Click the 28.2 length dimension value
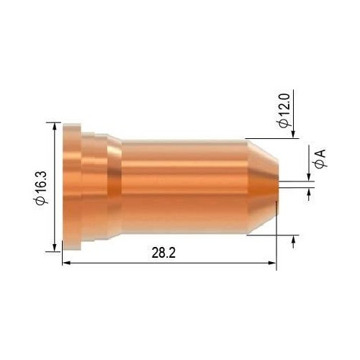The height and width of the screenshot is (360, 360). point(163,253)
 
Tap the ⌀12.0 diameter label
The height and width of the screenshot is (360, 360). point(284,111)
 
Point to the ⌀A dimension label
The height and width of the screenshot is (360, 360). point(320,159)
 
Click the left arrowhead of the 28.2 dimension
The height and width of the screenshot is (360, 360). point(66,263)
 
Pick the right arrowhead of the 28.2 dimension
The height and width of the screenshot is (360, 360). point(272,263)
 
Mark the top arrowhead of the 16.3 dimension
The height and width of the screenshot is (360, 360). point(55,126)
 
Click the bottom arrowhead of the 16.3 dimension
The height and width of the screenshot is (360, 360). point(55,248)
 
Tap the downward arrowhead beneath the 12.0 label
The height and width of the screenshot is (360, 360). point(293,135)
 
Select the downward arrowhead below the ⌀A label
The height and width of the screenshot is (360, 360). point(309,177)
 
